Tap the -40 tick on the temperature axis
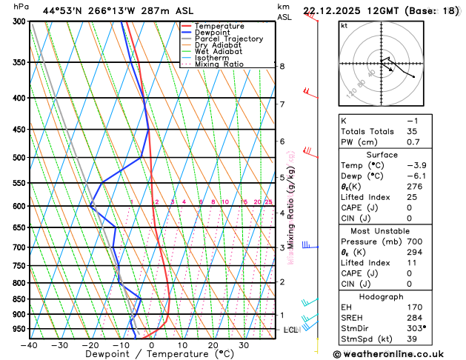click(x=29, y=345)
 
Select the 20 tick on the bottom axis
click(x=213, y=345)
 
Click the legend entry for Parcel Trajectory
click(x=228, y=39)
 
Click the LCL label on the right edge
click(x=290, y=330)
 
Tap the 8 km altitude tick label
click(x=282, y=67)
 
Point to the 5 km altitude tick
click(x=282, y=178)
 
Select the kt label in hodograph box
click(x=344, y=25)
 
